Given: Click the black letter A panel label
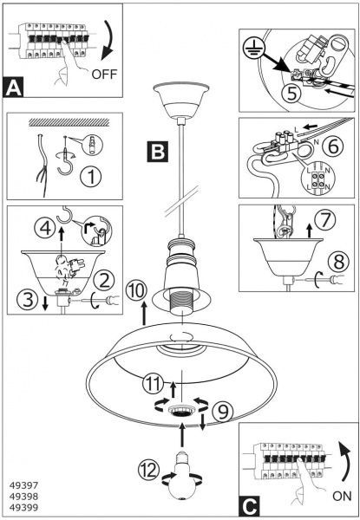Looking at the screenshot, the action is [x=13, y=87].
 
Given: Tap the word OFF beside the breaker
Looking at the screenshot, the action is [x=104, y=74].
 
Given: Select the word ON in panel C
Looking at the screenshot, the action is [x=342, y=496].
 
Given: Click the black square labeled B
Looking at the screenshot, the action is [x=158, y=152].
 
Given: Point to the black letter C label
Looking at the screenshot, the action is [x=249, y=506].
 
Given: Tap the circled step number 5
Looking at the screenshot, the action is [x=291, y=93].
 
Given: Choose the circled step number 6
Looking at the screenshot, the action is [x=333, y=146].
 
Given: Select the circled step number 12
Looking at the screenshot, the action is [x=149, y=470].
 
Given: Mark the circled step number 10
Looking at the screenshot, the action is [x=136, y=291].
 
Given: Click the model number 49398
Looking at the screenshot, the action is [x=24, y=497].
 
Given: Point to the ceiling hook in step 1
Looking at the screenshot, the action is [x=65, y=158].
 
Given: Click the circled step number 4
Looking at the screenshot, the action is [x=45, y=229].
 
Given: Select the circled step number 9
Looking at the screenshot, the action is [x=223, y=412].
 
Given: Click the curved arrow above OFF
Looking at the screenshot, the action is [x=108, y=41].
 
